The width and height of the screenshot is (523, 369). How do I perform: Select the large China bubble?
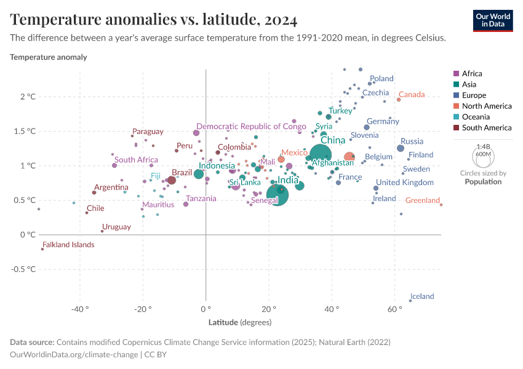tap(321, 156)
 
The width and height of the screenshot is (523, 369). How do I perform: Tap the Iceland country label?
tap(422, 296)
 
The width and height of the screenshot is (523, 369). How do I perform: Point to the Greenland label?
tap(423, 200)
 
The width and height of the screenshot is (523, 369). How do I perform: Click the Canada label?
tap(412, 95)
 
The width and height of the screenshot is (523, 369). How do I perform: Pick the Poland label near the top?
tap(381, 79)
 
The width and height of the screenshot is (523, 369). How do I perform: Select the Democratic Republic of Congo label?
tap(251, 126)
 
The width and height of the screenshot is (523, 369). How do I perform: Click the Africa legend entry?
tap(472, 73)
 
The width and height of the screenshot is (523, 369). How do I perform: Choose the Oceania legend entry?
tap(476, 117)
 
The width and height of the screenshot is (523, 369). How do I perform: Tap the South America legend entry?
tap(486, 128)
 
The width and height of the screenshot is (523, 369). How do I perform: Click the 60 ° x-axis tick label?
tap(394, 308)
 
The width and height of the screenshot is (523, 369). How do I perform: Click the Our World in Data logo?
tap(492, 20)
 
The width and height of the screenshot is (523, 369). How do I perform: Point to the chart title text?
tap(154, 20)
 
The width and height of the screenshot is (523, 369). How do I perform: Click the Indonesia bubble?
tap(199, 174)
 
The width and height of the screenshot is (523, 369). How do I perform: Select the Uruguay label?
tap(116, 227)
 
